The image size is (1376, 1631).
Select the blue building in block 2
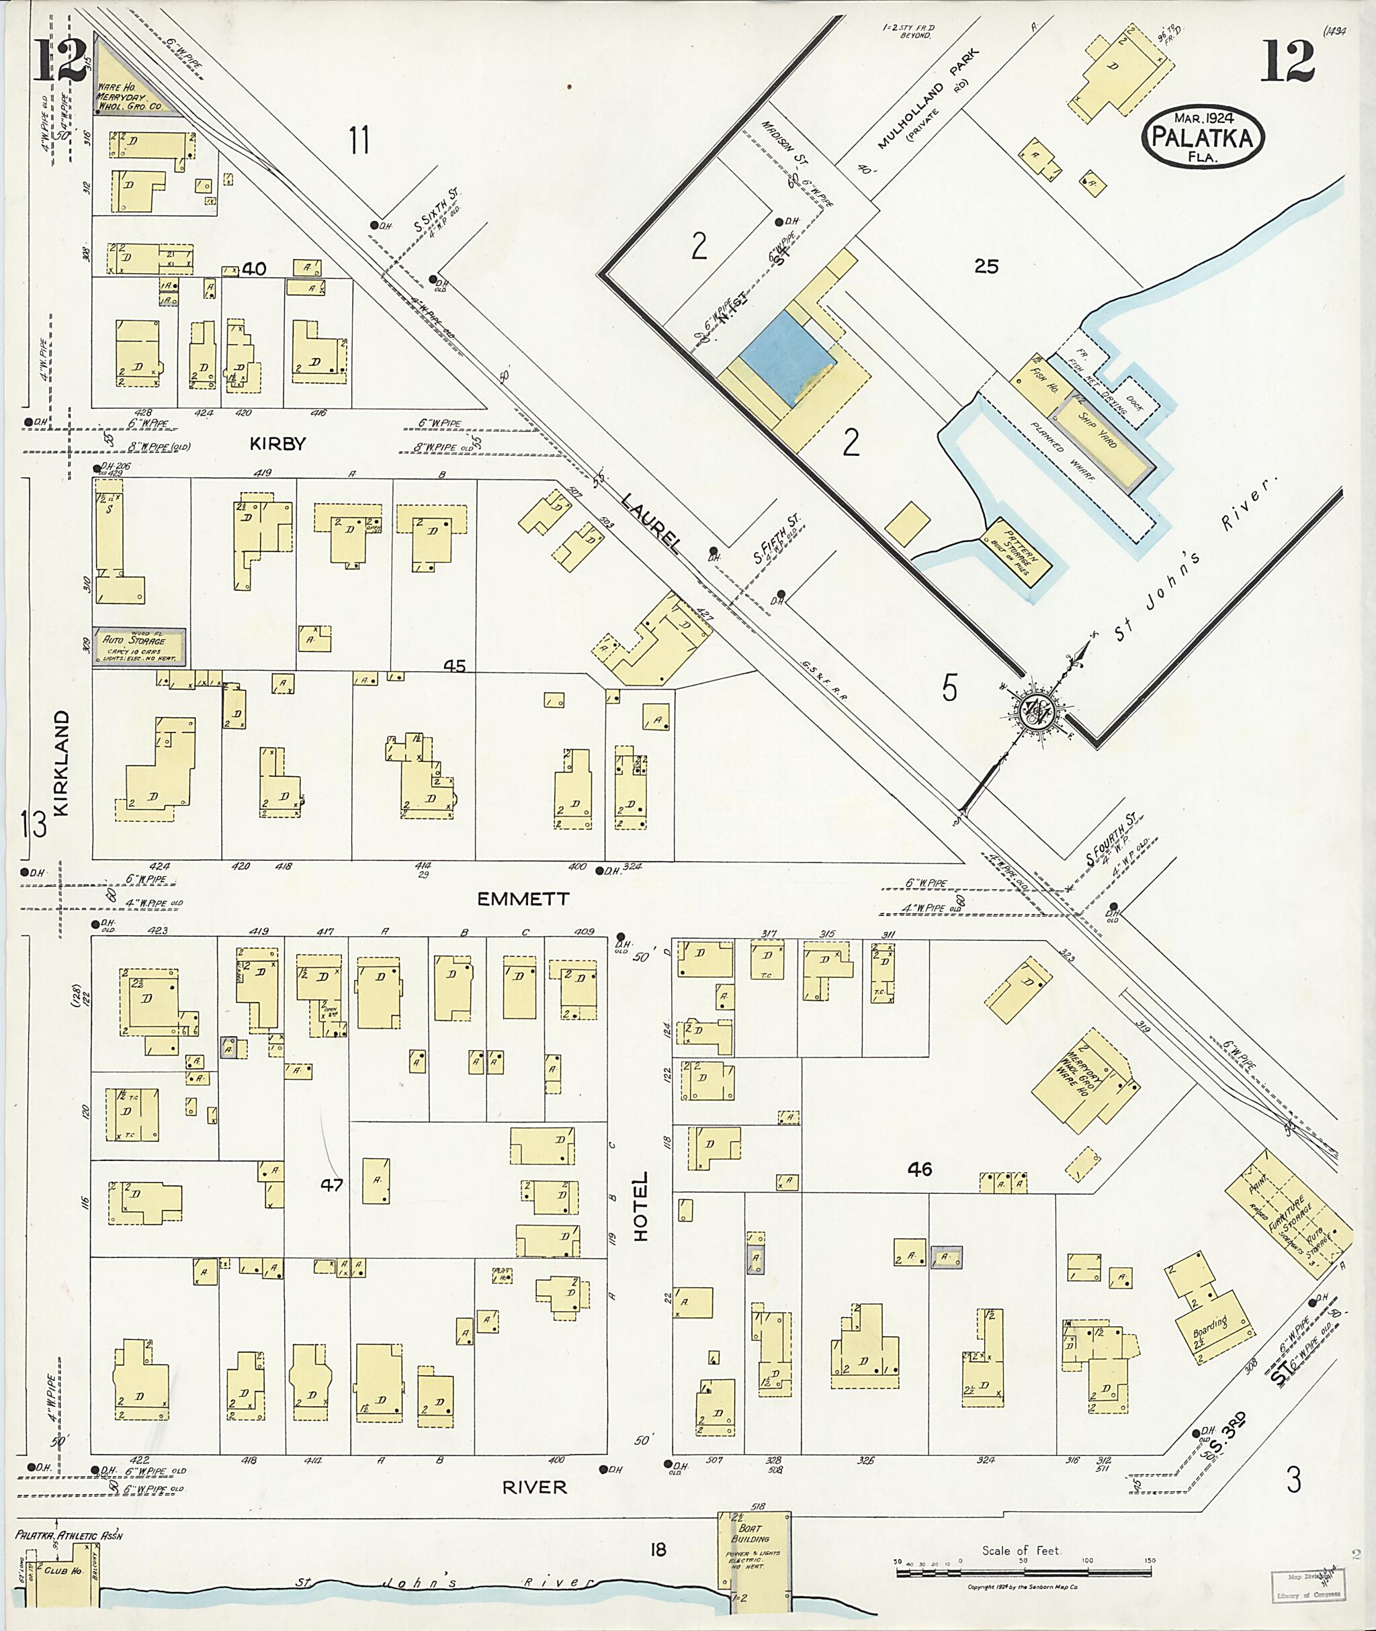pyautogui.click(x=785, y=357)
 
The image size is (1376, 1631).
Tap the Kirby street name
pyautogui.click(x=277, y=444)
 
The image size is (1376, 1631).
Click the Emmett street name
pyautogui.click(x=523, y=899)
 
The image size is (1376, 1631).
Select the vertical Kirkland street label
pyautogui.click(x=62, y=763)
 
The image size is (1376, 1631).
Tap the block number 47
pyautogui.click(x=333, y=1185)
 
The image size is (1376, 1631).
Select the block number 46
pyautogui.click(x=920, y=1168)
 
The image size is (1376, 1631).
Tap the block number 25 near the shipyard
pyautogui.click(x=986, y=267)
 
